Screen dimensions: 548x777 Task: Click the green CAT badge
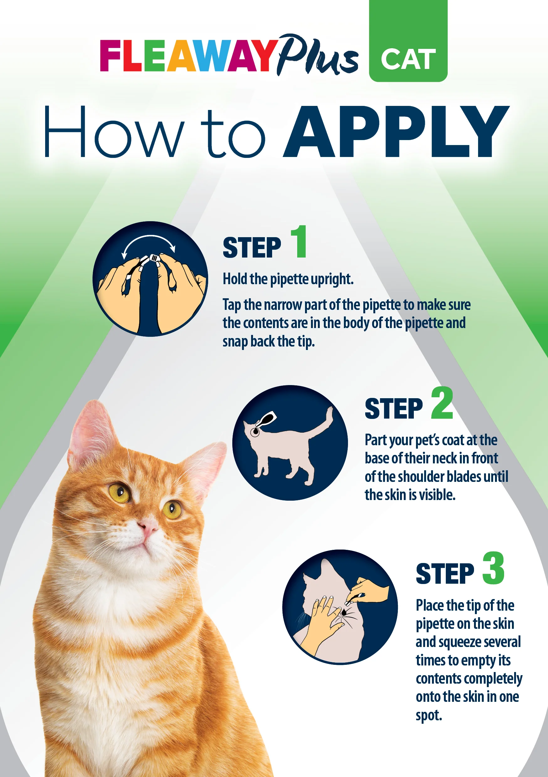[408, 41]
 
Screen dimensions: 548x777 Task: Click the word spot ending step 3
[429, 715]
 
